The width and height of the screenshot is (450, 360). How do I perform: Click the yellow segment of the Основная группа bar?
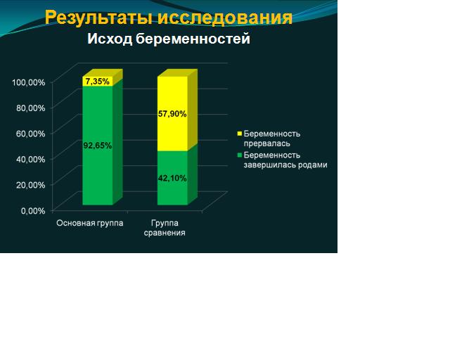coord(98,82)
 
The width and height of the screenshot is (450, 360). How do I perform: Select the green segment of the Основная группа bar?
coord(98,146)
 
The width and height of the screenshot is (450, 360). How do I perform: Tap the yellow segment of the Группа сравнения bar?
coord(172,114)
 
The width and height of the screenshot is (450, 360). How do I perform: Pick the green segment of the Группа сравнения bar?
coord(172,178)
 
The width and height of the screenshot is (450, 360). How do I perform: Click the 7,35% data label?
coord(98,82)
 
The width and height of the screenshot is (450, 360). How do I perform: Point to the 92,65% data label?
coord(98,146)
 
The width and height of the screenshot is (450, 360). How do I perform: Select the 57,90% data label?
coord(172,114)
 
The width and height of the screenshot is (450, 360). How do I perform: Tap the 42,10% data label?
coord(172,179)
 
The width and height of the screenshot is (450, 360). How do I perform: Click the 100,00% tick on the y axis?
coord(28,82)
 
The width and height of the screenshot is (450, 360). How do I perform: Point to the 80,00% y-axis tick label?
coord(31,108)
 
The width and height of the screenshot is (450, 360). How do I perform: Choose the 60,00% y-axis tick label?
coord(31,134)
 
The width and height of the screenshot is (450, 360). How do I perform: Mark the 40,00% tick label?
coord(31,160)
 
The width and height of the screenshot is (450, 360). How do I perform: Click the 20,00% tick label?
coord(31,185)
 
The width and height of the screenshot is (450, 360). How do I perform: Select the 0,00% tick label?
coord(33,211)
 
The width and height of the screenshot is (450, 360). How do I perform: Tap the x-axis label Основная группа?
coord(90,223)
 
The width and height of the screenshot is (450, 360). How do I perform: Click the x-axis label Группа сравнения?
coord(165,228)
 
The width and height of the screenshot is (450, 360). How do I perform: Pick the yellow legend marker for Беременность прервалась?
coord(240,134)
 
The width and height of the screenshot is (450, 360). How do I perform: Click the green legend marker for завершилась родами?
coord(240,155)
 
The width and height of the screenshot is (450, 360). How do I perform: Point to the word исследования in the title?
coord(225,18)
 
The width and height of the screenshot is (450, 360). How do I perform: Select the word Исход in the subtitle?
coord(110,39)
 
